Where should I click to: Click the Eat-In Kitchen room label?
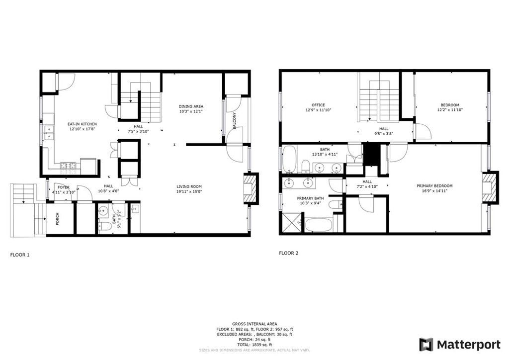[82, 124]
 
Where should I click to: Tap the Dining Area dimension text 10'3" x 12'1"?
[191, 111]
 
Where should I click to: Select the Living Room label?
[189, 186]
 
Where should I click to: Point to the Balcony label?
[235, 121]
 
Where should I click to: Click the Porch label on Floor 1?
[58, 219]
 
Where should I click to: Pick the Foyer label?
[63, 187]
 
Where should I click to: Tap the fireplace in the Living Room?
[251, 188]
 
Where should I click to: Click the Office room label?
[318, 105]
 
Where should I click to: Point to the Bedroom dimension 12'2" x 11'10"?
[449, 110]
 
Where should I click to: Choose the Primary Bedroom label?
[434, 186]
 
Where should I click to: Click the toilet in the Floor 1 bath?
[104, 226]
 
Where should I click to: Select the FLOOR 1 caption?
[20, 255]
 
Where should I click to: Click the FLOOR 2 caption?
[289, 253]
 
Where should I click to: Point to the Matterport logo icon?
[426, 345]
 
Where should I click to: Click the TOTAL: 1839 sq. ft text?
[254, 345]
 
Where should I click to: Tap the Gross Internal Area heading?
[254, 324]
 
